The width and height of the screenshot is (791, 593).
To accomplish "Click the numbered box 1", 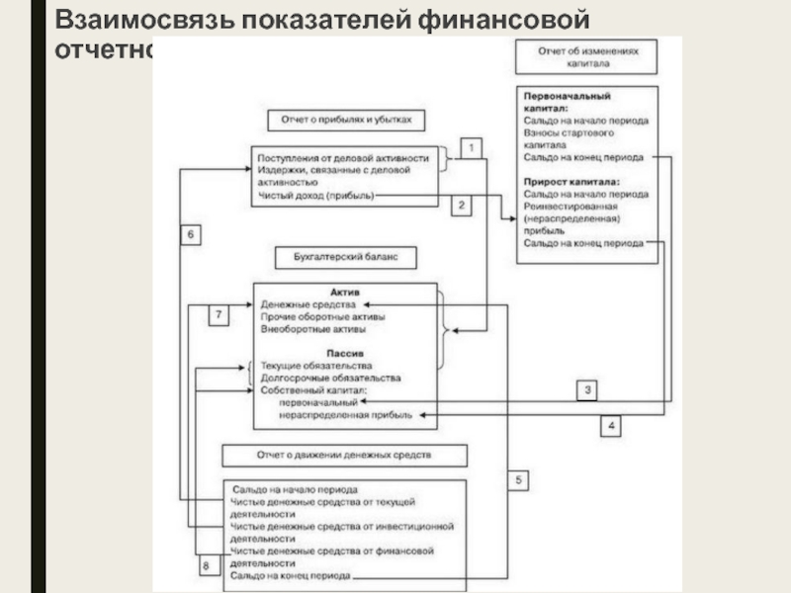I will pos(473,148).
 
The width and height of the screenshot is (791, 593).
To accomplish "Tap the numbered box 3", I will pos(587,389).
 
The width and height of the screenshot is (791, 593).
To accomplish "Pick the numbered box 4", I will pos(612,426).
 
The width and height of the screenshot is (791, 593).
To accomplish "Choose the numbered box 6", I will pos(192,234).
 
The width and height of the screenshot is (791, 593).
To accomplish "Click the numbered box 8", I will pos(205,566).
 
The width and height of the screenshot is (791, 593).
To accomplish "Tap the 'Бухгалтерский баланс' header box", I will pos(344,257).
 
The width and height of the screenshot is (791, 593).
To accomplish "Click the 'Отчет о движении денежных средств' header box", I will pos(345,456).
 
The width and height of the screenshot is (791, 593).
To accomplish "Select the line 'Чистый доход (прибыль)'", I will pos(315,196).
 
